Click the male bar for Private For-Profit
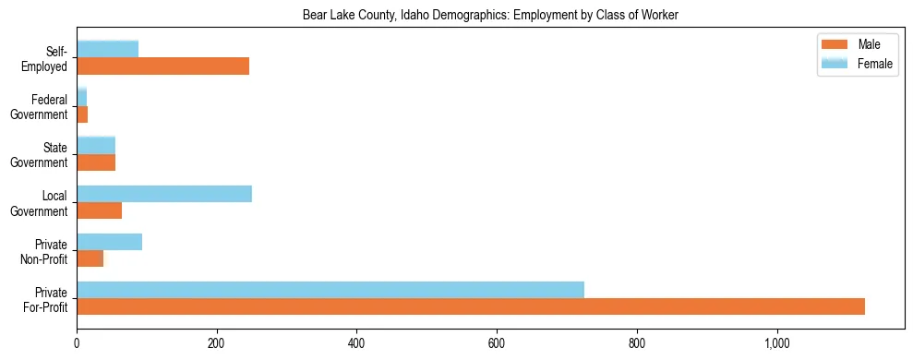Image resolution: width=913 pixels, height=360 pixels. (x=471, y=306)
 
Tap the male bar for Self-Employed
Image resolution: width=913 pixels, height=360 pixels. (x=162, y=66)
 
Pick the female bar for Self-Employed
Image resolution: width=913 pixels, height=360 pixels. (x=107, y=49)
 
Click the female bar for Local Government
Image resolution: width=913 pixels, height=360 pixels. (x=164, y=194)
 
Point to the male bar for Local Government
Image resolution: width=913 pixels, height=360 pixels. (x=99, y=210)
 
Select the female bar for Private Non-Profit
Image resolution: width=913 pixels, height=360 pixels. (x=109, y=242)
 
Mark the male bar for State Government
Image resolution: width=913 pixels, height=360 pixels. (x=96, y=162)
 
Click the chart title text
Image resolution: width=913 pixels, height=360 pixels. (x=491, y=15)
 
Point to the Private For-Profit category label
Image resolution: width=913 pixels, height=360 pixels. (x=46, y=298)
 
